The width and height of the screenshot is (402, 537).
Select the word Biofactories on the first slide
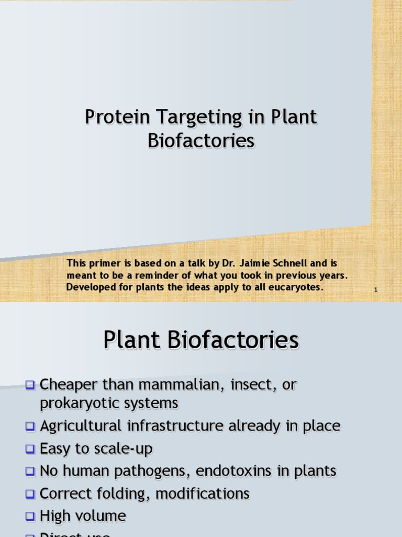click(x=201, y=141)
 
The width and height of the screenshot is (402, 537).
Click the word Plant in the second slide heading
click(x=132, y=340)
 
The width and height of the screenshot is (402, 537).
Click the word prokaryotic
click(x=78, y=403)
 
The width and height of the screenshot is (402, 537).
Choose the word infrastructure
click(x=174, y=426)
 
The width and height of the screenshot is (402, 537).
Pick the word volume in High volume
click(x=103, y=516)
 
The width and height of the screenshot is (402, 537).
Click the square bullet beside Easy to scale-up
click(x=30, y=449)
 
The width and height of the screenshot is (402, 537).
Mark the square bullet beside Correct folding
click(x=30, y=494)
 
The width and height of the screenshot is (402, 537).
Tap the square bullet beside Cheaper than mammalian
click(x=30, y=385)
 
